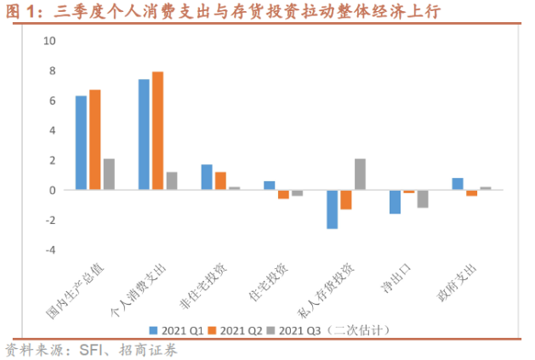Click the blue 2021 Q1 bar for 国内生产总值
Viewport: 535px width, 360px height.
click(81, 143)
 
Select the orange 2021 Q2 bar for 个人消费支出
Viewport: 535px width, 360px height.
click(157, 130)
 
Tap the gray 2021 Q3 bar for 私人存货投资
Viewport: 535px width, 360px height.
click(360, 174)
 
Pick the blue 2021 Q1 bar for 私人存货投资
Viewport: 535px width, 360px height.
click(332, 209)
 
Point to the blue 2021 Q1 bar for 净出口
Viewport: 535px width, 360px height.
click(395, 202)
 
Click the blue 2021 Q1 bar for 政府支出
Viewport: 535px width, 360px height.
click(458, 184)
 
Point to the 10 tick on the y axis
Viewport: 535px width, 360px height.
click(48, 41)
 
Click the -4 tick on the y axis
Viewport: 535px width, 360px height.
click(48, 250)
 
